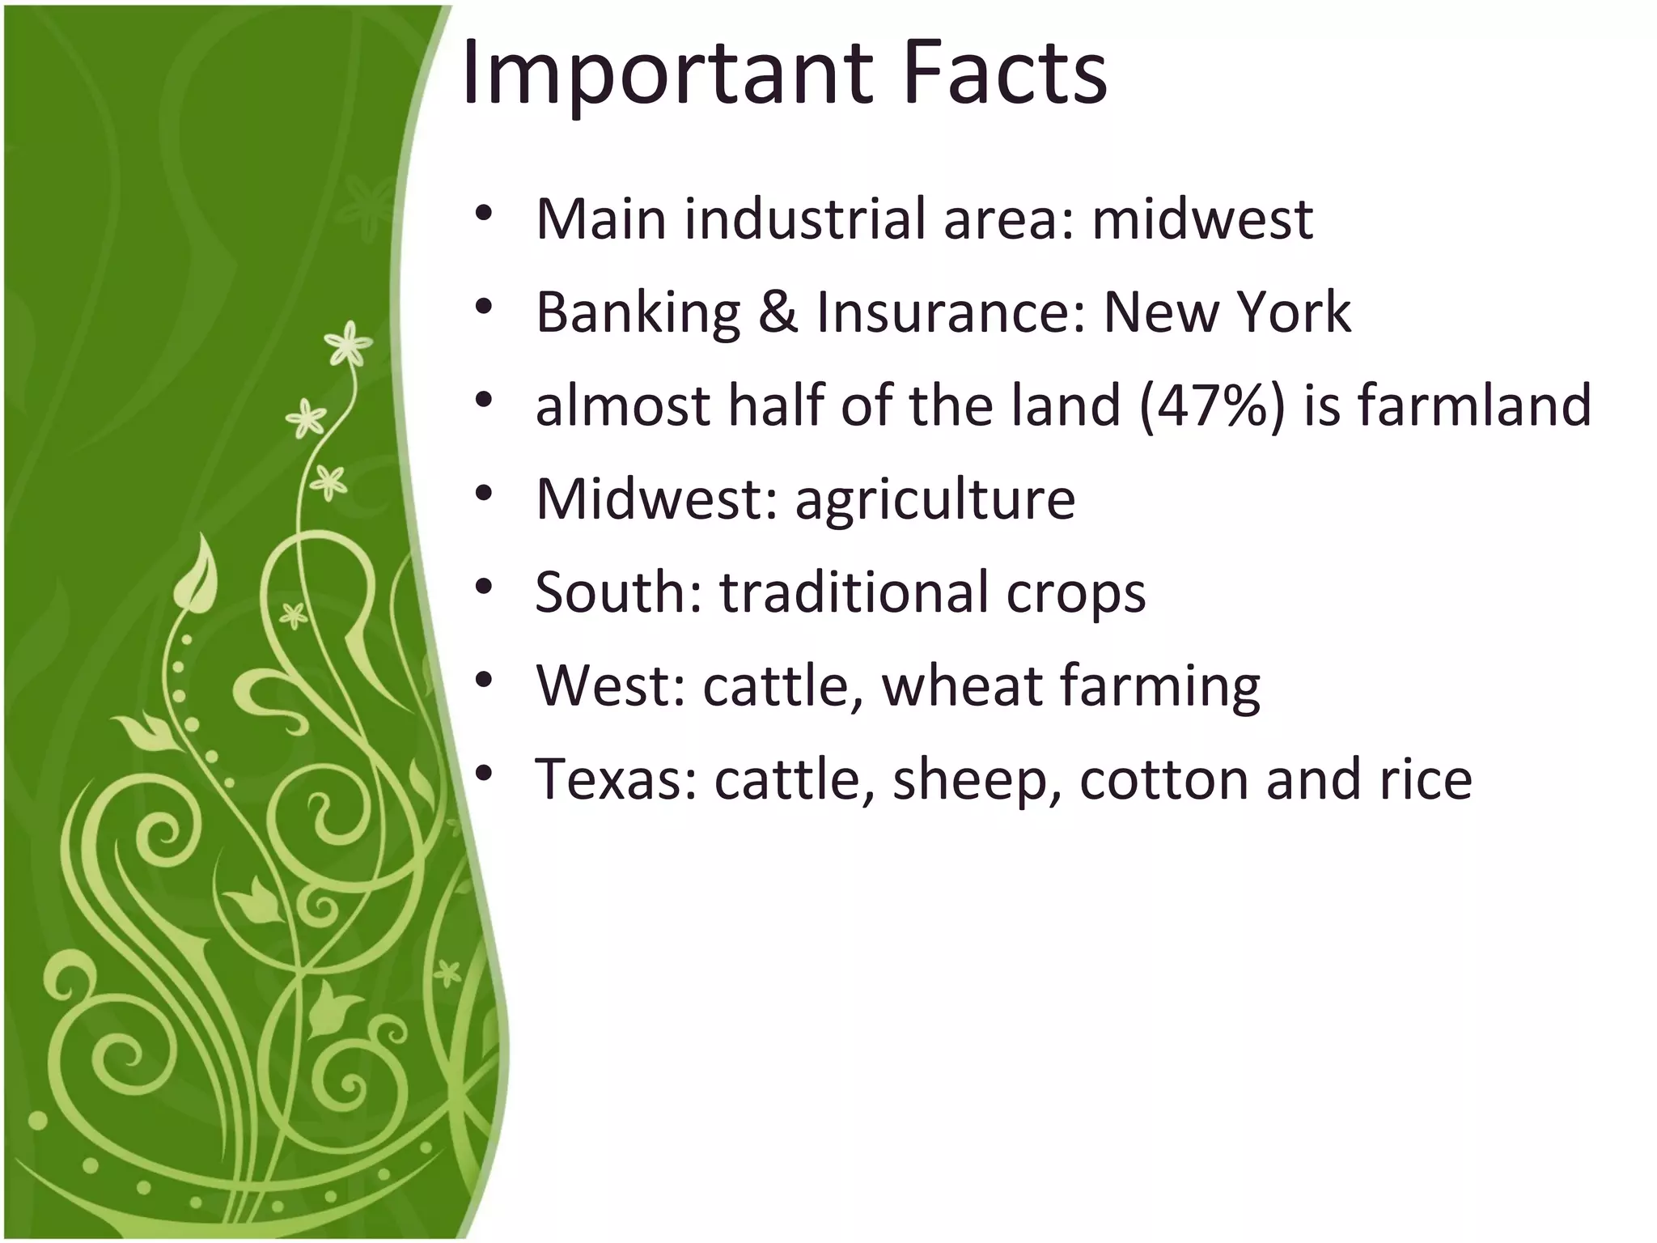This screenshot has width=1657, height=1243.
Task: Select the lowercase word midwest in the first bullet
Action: [x=1202, y=219]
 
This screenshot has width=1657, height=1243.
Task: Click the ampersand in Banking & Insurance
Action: [x=778, y=312]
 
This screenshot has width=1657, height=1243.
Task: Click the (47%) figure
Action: [x=1211, y=405]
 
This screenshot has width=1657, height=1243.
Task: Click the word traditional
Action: [x=853, y=592]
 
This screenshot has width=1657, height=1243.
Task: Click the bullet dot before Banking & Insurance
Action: [x=484, y=308]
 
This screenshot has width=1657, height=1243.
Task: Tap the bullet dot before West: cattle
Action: [x=484, y=681]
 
